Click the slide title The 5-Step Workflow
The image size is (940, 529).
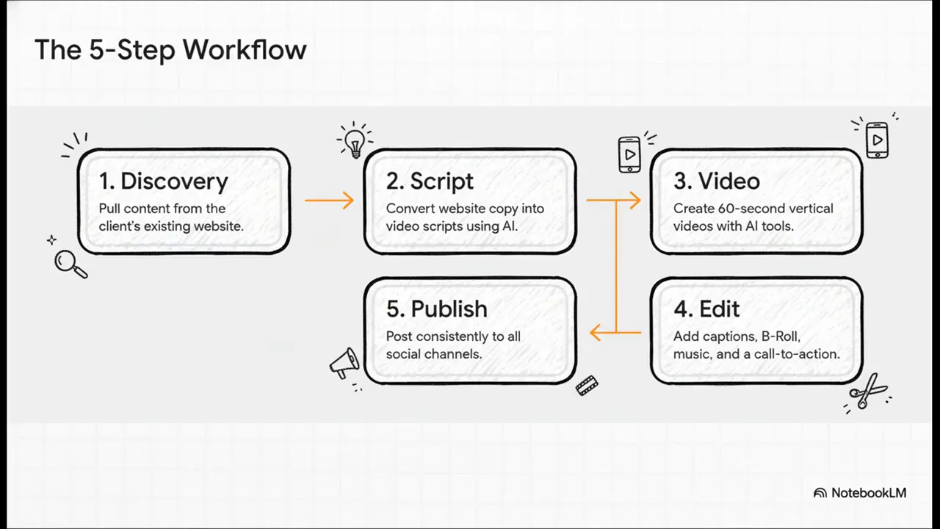(x=170, y=50)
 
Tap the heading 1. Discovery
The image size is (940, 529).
(x=163, y=181)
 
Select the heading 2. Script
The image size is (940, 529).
(x=430, y=181)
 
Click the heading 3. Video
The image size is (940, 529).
(x=716, y=181)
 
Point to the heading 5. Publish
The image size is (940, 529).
(x=436, y=309)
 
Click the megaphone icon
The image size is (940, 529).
(x=344, y=362)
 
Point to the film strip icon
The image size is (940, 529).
(x=587, y=385)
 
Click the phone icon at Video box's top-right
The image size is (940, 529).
(x=877, y=140)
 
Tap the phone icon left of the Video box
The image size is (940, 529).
(x=629, y=154)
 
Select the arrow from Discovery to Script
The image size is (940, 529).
(x=329, y=200)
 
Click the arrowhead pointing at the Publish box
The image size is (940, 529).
(x=596, y=334)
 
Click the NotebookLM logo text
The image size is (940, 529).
(x=869, y=493)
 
